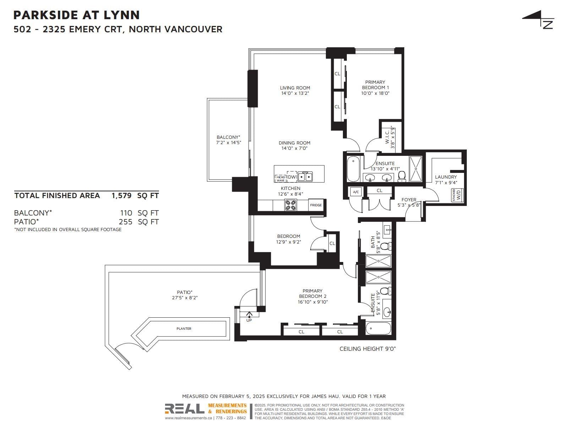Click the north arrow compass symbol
(538, 20)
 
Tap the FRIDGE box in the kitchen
(316, 205)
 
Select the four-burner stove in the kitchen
(290, 205)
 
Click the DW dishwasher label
(292, 177)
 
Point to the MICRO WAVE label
(280, 179)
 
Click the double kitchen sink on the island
(305, 177)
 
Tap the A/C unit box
(356, 192)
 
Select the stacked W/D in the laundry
(457, 195)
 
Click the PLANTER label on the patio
(184, 328)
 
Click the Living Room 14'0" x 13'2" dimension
(295, 93)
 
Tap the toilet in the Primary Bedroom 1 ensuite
(402, 176)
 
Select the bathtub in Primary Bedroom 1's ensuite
(353, 169)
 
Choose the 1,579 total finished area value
(121, 196)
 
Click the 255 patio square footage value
(126, 222)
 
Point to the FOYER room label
(409, 200)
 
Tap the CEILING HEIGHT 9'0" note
(368, 349)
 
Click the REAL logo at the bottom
(185, 409)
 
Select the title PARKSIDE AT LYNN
(77, 15)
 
